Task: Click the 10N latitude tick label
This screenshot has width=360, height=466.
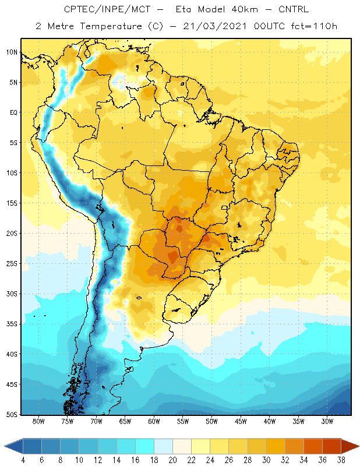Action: click(12, 52)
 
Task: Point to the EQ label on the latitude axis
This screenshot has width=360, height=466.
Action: click(13, 112)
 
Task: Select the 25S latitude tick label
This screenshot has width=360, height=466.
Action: click(12, 264)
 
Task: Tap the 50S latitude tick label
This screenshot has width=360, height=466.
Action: click(12, 415)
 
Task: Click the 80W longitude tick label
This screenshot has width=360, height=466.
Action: click(38, 421)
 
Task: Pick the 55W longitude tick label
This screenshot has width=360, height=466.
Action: click(183, 421)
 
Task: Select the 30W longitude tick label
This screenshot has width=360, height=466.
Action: click(327, 421)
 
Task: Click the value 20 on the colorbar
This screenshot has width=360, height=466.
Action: click(172, 460)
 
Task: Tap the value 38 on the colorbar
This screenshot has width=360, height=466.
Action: click(341, 460)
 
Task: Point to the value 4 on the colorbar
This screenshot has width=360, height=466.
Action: click(23, 460)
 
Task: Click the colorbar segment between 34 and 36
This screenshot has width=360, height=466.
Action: click(313, 446)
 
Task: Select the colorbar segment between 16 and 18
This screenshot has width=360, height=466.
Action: click(145, 446)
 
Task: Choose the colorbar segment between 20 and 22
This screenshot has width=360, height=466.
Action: click(182, 446)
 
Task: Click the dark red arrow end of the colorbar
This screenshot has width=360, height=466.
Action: click(349, 446)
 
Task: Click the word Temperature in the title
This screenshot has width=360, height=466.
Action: click(111, 26)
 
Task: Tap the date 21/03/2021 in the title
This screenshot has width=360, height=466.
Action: click(214, 26)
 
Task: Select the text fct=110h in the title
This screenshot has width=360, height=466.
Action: click(314, 26)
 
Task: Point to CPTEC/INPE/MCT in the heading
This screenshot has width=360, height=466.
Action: click(107, 9)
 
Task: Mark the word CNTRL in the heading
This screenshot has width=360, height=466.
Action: click(294, 9)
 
